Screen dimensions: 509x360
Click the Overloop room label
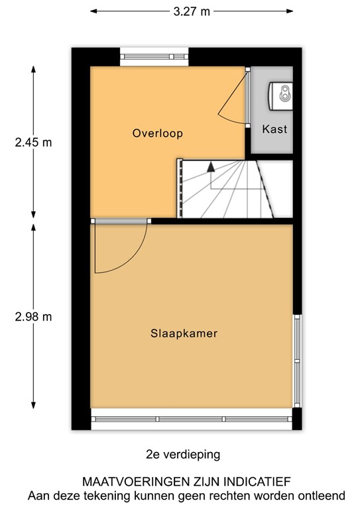(x=157, y=133)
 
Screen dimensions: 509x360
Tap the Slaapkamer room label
(x=184, y=333)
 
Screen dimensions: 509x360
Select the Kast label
(x=274, y=129)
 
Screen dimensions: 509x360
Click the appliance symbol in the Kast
(x=281, y=93)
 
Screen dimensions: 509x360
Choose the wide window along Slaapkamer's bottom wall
(x=192, y=419)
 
